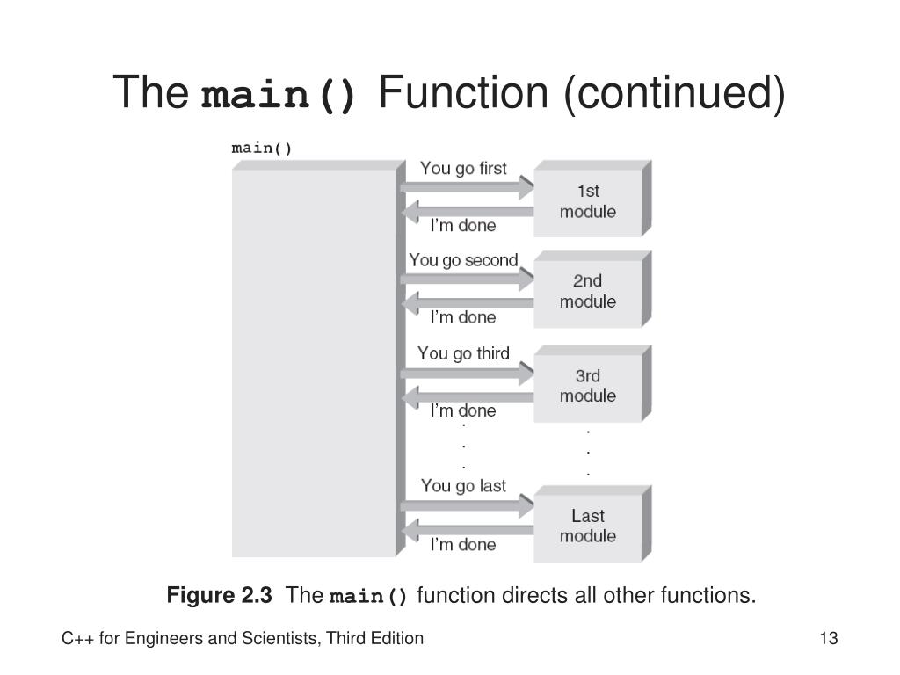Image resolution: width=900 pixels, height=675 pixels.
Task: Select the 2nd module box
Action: coord(588,292)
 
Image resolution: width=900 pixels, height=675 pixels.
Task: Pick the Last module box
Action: coord(588,526)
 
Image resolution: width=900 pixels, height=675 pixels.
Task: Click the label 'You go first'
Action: coord(463,168)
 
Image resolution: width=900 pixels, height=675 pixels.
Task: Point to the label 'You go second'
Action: coord(463,260)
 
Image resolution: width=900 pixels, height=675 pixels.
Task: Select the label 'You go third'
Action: coord(463,353)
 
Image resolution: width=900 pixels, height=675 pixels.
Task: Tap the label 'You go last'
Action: coord(463,485)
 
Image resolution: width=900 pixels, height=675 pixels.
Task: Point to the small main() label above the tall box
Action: coord(262,148)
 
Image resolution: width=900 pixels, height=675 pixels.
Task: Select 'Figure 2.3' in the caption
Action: coord(220,596)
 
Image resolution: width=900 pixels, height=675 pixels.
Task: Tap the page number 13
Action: coord(828,639)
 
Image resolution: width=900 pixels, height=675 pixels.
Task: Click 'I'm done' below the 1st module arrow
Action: coord(462,226)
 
